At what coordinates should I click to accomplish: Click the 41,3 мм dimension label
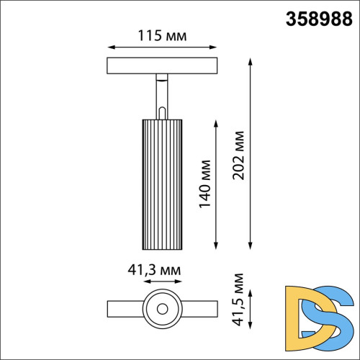153,271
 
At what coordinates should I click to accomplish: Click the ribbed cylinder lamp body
162,183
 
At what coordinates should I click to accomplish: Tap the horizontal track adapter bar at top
163,66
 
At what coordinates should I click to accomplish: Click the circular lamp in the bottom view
162,308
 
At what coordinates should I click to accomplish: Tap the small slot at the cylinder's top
162,112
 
